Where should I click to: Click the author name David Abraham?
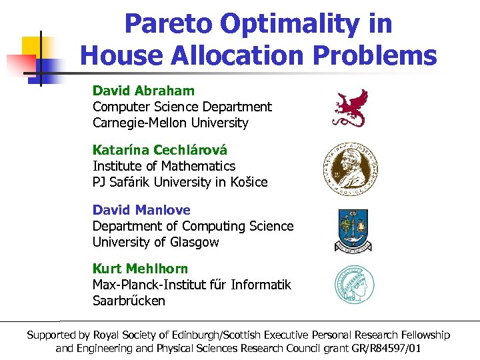click(x=143, y=90)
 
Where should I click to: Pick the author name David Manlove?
click(x=141, y=210)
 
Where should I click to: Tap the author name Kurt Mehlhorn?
click(x=140, y=269)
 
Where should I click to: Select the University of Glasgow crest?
click(x=353, y=229)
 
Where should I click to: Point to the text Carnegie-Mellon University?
click(x=170, y=123)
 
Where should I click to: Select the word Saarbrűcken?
click(x=129, y=301)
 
